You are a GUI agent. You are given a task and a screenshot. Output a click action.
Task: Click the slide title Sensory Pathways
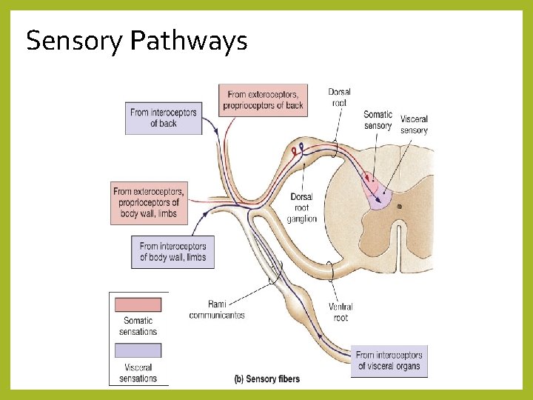click(x=136, y=41)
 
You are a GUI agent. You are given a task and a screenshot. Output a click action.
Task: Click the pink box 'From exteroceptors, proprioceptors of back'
click(x=263, y=100)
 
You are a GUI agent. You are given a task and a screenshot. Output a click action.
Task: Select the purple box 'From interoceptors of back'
click(x=163, y=118)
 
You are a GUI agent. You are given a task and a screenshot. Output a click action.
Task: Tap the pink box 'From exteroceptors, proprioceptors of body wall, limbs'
click(x=149, y=203)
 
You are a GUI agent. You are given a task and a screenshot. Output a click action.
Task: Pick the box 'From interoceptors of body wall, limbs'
click(x=172, y=252)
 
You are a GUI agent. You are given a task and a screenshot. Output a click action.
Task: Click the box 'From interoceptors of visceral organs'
click(x=389, y=361)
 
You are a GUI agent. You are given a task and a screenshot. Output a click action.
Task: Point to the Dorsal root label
click(x=339, y=98)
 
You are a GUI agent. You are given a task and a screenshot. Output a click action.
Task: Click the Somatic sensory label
click(x=378, y=120)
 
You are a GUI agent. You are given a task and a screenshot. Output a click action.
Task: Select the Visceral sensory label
click(x=414, y=124)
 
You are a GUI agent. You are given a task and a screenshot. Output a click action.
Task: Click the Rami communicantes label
click(x=217, y=310)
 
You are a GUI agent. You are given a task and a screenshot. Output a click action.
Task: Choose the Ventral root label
click(x=341, y=312)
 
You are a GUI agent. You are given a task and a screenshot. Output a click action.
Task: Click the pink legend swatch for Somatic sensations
click(x=135, y=304)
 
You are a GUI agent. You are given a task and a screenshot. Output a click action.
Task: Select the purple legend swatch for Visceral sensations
click(x=135, y=350)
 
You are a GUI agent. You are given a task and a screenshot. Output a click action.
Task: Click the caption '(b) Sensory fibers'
click(x=266, y=379)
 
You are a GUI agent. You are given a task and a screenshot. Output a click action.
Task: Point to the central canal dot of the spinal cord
click(x=399, y=207)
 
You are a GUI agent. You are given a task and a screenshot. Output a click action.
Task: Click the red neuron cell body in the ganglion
click(x=294, y=151)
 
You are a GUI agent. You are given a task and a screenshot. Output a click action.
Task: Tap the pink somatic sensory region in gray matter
click(x=372, y=181)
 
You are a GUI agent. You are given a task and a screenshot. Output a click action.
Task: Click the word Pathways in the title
click(x=188, y=41)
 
